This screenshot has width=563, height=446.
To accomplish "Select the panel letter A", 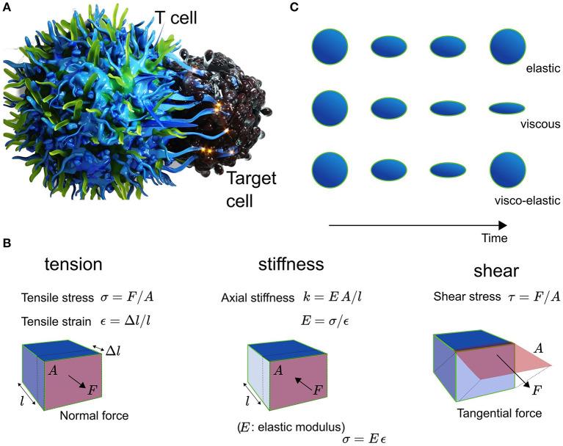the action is pos(7,7).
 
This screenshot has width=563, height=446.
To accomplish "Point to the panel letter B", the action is pos(7,242).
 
